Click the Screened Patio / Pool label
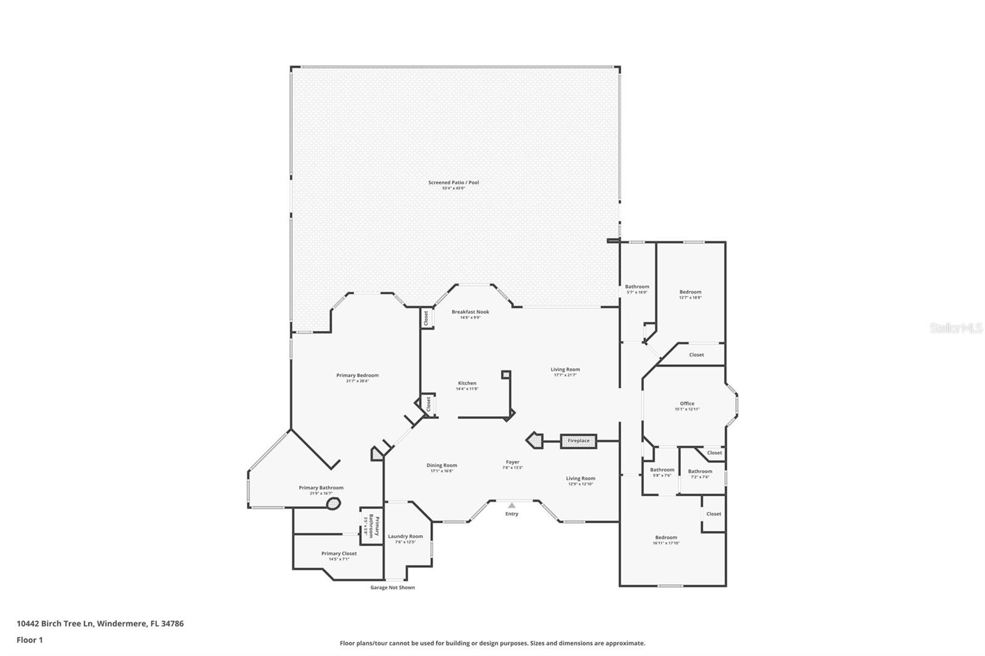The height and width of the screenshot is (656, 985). coord(453,183)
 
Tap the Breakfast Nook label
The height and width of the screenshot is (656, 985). coord(470,312)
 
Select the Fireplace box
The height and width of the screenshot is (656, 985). coord(578,441)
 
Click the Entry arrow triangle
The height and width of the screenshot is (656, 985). coord(512,505)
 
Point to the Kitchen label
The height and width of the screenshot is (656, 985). coord(467,383)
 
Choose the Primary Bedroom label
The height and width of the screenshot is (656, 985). coord(357,375)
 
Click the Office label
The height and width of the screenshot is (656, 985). coord(687,404)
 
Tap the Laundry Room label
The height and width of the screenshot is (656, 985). coord(405,537)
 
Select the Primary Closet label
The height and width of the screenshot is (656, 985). coord(339,554)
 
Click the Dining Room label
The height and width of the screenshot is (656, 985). coord(442,465)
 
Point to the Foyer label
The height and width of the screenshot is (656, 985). coord(512,462)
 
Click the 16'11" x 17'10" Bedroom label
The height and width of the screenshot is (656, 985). coord(666,538)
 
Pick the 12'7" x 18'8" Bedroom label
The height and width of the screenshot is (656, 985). coord(690,292)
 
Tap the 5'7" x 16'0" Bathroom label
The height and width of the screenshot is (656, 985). coord(637,287)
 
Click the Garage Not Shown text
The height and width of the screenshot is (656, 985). coord(392,588)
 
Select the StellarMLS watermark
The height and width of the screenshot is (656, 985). coord(955,329)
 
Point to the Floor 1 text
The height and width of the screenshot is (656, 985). coord(30,640)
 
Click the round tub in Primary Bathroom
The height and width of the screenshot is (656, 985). coord(333,504)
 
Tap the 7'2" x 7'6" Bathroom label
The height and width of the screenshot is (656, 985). coord(700,471)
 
